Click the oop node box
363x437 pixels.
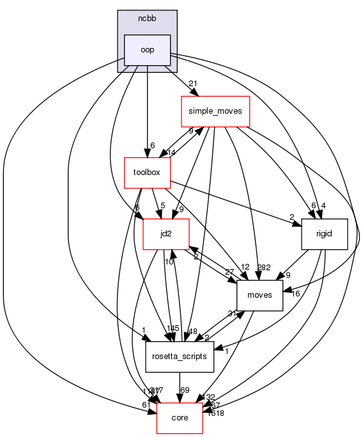click(147, 50)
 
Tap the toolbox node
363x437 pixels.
click(147, 172)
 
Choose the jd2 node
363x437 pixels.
click(166, 234)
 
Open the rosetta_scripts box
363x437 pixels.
click(180, 357)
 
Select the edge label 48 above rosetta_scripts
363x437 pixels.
click(192, 331)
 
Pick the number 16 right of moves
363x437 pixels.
click(295, 293)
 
